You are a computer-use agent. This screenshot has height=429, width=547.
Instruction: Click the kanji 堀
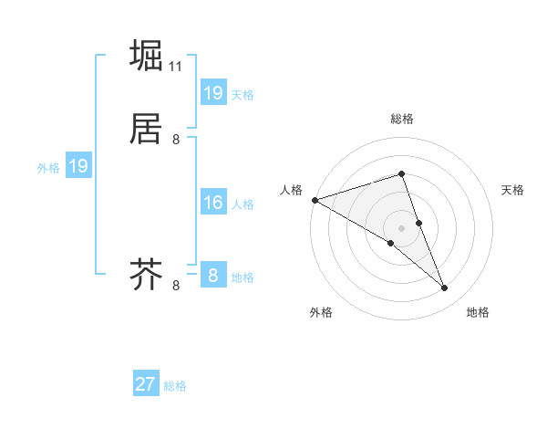(147, 56)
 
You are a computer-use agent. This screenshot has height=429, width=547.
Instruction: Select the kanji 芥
(147, 273)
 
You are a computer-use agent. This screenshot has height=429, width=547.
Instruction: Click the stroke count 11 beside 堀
(176, 67)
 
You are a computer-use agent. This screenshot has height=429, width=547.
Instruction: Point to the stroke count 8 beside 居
(176, 140)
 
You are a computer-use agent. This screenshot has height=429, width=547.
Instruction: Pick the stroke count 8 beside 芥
(176, 286)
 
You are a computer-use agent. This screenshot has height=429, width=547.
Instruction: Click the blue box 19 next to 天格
(213, 93)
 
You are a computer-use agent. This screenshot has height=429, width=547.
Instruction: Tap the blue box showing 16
(213, 203)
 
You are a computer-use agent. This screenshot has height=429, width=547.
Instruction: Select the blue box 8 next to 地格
(213, 275)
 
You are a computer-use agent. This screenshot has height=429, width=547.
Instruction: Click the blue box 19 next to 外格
(78, 166)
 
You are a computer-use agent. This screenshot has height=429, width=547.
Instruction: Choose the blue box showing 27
(146, 384)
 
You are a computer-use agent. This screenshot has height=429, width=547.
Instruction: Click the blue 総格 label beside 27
(175, 386)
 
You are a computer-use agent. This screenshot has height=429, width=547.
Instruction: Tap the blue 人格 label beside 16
(243, 204)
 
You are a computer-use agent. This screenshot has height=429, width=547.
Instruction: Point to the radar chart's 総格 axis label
(401, 119)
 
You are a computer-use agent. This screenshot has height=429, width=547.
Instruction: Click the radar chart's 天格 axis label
(513, 190)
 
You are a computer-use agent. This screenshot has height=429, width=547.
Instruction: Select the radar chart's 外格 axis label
(321, 312)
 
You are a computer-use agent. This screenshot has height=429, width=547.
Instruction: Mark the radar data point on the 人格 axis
(315, 200)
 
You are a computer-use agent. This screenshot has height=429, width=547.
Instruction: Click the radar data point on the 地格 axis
(445, 288)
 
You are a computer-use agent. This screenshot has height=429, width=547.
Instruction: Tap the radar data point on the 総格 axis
(401, 173)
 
